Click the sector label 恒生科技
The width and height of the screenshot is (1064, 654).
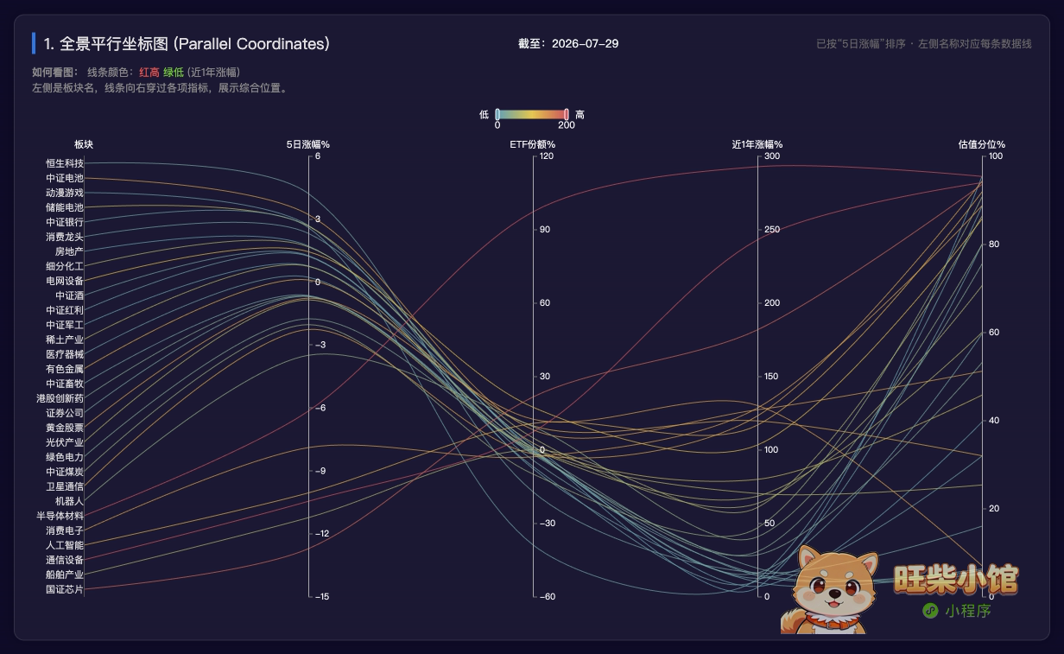coord(65,163)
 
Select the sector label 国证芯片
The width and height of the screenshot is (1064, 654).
coord(65,589)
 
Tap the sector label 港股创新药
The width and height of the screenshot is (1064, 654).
coord(60,398)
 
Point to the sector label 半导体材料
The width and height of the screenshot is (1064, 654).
coord(60,516)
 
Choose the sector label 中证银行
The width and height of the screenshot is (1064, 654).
coord(65,222)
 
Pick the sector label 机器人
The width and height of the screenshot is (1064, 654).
coord(69,501)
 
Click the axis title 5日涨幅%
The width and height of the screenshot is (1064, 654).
coord(307,144)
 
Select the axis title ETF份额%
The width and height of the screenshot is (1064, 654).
coord(533,144)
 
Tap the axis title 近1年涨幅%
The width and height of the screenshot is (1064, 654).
coord(757,144)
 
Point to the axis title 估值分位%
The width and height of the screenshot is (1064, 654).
coord(982,144)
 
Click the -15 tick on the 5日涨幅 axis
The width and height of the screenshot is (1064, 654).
coord(322,596)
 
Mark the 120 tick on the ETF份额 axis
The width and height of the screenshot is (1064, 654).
coord(546,156)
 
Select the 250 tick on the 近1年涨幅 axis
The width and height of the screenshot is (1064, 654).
coord(772,229)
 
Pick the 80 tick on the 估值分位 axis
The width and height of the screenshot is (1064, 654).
coord(994,244)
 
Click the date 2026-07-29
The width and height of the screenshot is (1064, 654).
coord(586,44)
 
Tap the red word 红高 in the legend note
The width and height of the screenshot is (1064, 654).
coord(149,73)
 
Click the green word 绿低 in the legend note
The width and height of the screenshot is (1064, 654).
coord(174,73)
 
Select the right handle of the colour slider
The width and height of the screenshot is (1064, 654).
coord(567,114)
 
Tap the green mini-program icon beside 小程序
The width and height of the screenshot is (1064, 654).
coord(930,611)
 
